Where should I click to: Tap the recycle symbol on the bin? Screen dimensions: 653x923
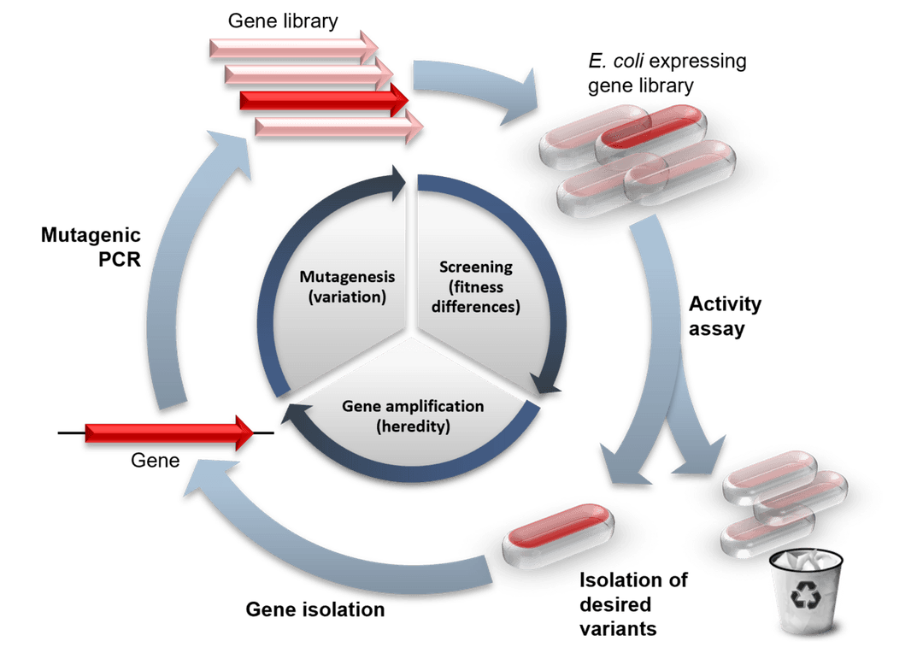click(805, 597)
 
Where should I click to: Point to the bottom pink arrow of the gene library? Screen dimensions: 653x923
click(338, 127)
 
